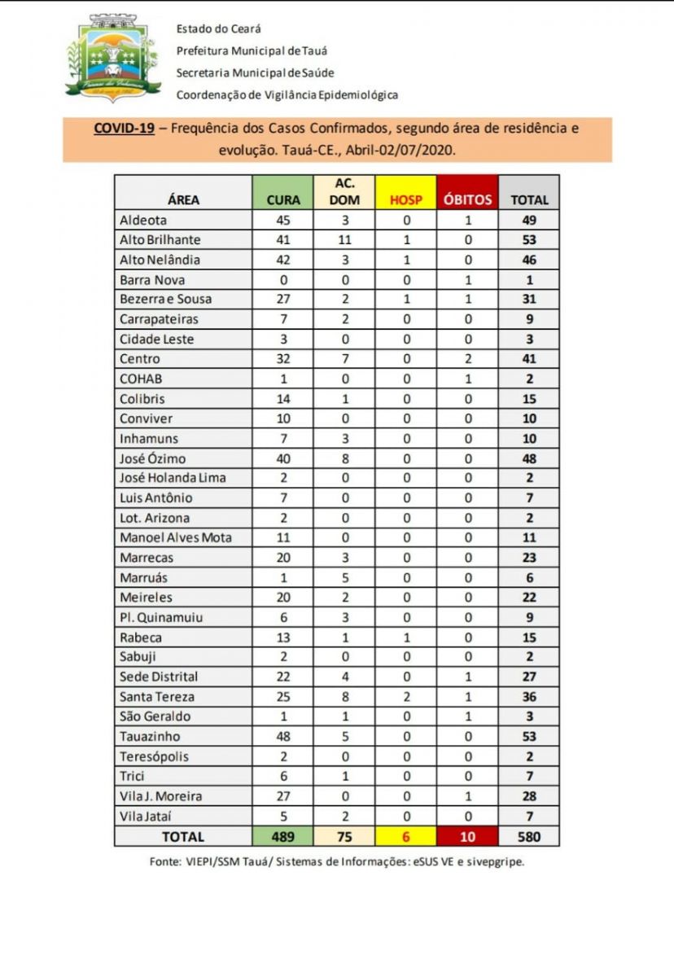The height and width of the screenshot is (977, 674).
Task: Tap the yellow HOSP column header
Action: [406, 199]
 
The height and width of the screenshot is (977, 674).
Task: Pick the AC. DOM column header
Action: [344, 192]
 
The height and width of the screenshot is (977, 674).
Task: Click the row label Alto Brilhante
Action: [160, 240]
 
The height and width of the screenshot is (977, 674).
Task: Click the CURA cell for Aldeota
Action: [283, 220]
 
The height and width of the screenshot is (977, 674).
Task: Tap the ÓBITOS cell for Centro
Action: [468, 359]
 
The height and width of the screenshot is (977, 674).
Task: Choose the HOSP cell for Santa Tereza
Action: [406, 696]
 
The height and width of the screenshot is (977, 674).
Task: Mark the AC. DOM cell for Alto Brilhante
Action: [344, 240]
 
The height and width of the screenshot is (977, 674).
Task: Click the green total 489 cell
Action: [283, 836]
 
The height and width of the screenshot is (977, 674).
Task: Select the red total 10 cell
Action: [468, 836]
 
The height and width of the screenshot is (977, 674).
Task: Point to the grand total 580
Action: [529, 836]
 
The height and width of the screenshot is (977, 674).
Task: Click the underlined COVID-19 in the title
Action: [125, 129]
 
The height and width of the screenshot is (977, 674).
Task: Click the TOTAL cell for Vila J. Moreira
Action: [529, 795]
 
